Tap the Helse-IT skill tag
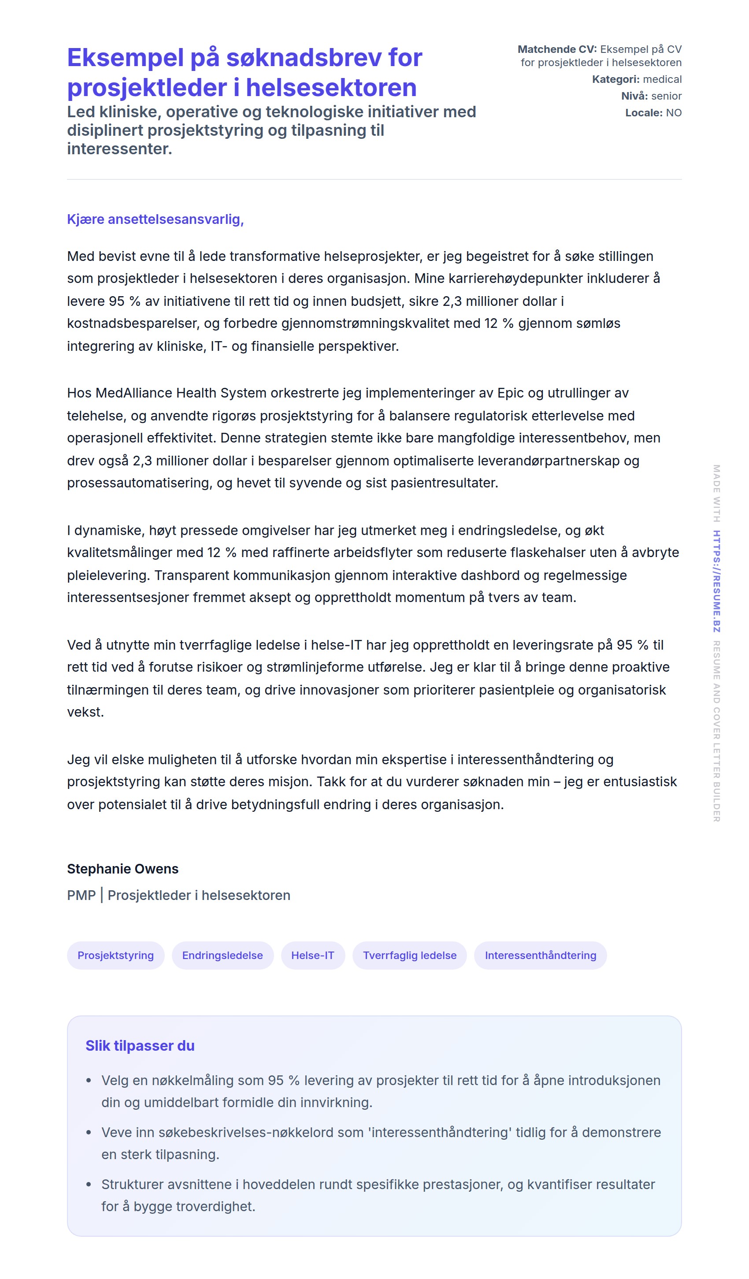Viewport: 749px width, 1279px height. [x=312, y=955]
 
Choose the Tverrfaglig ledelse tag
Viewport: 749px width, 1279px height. [x=409, y=955]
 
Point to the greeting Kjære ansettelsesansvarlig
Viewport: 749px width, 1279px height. [x=155, y=219]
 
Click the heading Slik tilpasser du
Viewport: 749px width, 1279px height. [x=140, y=1045]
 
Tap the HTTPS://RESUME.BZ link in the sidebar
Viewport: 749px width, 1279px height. [x=716, y=581]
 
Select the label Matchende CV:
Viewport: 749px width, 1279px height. [x=556, y=49]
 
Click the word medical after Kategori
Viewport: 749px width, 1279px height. [x=662, y=79]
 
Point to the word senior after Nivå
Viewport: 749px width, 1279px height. [x=666, y=96]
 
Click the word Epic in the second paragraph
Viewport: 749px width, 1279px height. [x=510, y=393]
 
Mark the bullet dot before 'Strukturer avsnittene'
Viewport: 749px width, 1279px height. [x=89, y=1185]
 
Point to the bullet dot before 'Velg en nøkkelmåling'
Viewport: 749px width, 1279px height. [x=89, y=1081]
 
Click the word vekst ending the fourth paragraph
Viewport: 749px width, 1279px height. [x=85, y=712]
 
